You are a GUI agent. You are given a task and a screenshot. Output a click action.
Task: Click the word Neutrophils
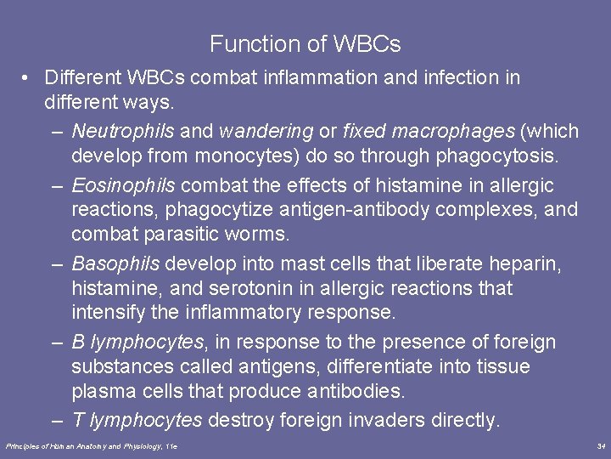pos(123,132)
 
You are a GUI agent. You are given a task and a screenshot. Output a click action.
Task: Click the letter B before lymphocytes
pos(78,343)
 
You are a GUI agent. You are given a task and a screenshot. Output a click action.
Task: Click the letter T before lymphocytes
pos(77,420)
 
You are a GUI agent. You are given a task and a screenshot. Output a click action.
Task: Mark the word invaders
pos(390,420)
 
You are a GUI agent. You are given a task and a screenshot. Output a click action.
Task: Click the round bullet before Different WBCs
pos(28,77)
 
